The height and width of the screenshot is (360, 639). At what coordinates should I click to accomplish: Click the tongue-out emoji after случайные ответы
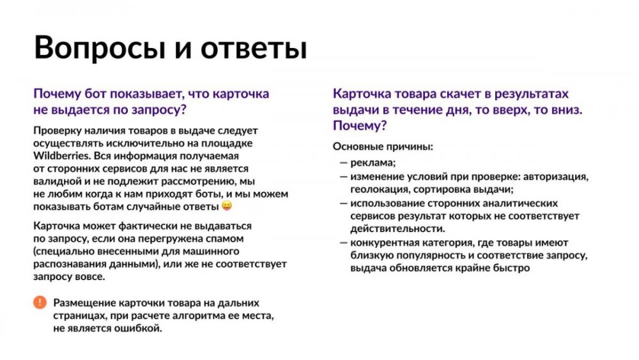[x=226, y=206]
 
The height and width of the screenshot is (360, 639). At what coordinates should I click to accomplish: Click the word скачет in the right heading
[x=451, y=93]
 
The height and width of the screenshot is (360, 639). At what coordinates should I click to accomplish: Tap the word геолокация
[x=379, y=190]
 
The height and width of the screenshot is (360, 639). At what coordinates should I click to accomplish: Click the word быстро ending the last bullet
[x=512, y=269]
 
